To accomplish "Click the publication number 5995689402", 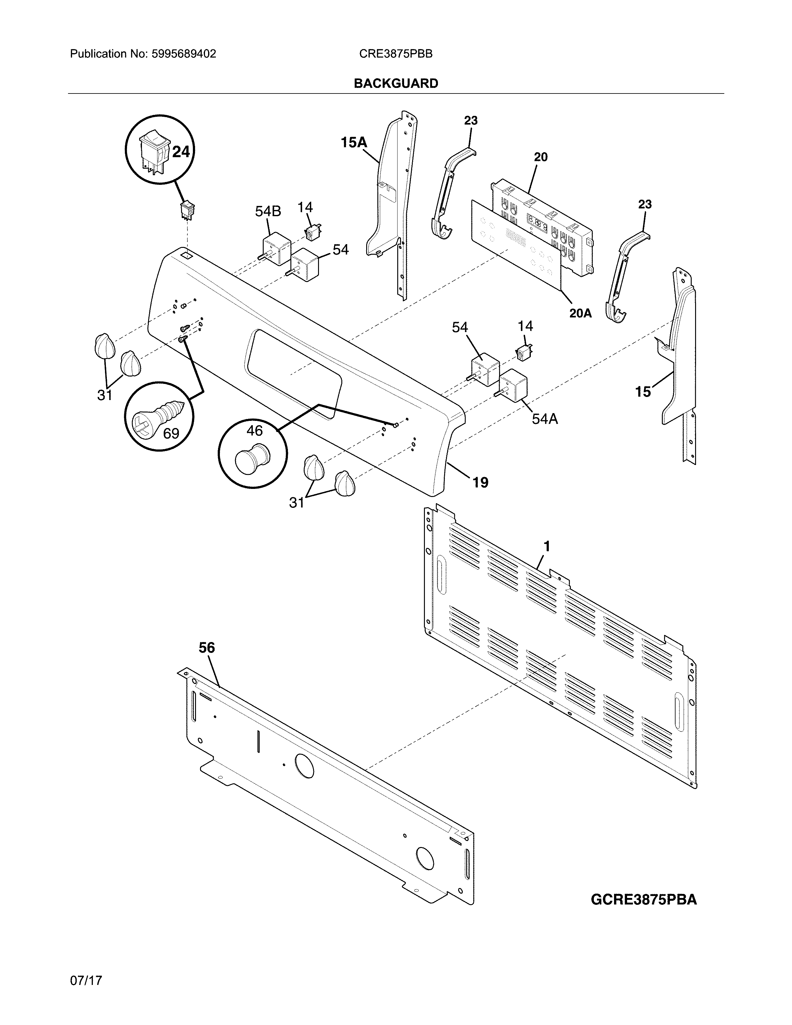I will (x=184, y=54).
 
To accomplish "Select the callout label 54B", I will (x=268, y=212).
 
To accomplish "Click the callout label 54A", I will (x=545, y=419).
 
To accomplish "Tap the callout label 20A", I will (x=580, y=313).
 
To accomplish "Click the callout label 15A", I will (x=354, y=142).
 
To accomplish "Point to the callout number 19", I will (x=480, y=482).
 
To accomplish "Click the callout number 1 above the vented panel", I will (x=547, y=546).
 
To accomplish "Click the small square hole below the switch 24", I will (x=186, y=256).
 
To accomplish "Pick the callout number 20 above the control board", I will (x=540, y=157).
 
